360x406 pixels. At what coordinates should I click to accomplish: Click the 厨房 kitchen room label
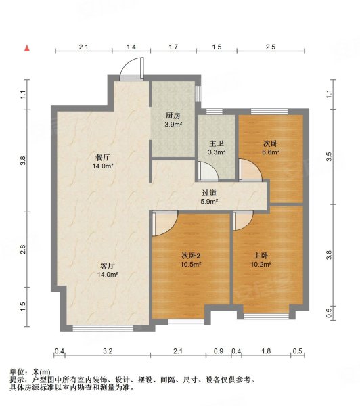(173, 116)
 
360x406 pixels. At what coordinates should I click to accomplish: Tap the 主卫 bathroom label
(216, 143)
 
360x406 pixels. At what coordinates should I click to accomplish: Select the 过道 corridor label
(208, 192)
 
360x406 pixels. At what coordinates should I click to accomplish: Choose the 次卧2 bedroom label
(190, 256)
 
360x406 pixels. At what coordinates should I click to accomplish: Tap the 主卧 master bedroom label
(261, 256)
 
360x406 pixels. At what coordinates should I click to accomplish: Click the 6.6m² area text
(271, 152)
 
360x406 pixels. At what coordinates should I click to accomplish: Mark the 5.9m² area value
(208, 201)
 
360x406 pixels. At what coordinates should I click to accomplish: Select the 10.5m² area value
(190, 265)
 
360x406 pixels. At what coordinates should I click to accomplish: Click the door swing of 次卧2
(164, 223)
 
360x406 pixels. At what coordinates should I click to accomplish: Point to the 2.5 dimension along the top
(270, 47)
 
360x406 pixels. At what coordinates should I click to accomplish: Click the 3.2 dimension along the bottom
(108, 351)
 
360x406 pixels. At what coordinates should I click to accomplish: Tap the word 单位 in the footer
(18, 371)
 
